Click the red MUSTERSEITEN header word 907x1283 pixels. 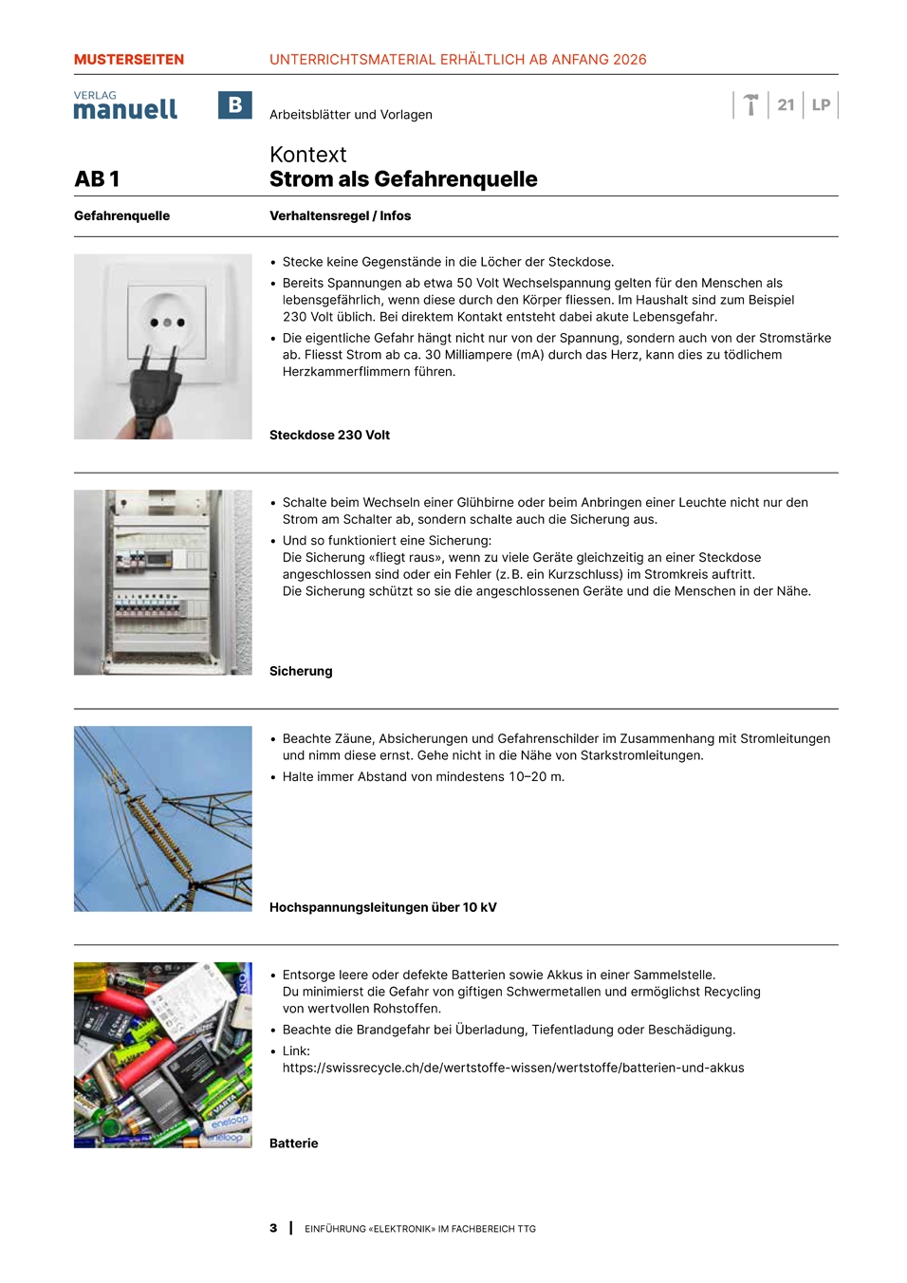[129, 60]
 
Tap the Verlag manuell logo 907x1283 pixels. [125, 106]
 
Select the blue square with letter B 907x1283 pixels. [234, 105]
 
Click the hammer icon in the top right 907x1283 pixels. [750, 104]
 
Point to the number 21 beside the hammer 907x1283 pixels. [786, 105]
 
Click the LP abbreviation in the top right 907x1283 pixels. [821, 105]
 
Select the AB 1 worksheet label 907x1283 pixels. [98, 179]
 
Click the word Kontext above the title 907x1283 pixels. [307, 155]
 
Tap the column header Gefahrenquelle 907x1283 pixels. [121, 216]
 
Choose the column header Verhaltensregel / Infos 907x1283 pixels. [340, 216]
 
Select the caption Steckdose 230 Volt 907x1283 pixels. [329, 436]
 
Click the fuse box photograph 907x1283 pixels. [163, 583]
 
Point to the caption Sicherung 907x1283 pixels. [301, 672]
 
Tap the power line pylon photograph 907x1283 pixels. [163, 819]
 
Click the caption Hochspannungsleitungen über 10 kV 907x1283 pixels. [382, 908]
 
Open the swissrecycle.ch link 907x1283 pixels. [512, 1069]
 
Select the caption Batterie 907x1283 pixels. [293, 1144]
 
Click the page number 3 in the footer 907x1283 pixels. [273, 1229]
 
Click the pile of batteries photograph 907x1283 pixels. [163, 1055]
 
